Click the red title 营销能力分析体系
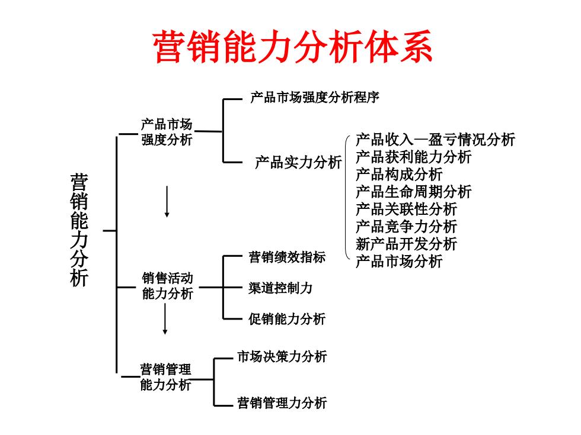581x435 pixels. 292,46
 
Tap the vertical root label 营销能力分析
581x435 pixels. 79,230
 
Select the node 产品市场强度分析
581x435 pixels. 167,132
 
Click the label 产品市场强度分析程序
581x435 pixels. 315,97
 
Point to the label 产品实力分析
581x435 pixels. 298,162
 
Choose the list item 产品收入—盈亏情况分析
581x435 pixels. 435,140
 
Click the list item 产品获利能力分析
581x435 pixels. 414,157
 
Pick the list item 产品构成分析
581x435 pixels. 399,174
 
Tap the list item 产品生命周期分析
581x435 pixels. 414,192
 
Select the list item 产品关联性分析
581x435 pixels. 407,209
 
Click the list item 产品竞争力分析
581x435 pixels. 407,226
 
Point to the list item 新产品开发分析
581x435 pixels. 407,244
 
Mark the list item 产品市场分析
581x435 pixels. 399,261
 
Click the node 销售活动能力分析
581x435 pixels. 167,286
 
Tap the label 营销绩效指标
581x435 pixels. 287,257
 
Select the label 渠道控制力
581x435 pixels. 280,288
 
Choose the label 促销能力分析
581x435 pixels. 287,319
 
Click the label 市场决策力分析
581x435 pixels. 282,356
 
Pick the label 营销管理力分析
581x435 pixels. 282,403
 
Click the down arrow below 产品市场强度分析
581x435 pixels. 167,202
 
